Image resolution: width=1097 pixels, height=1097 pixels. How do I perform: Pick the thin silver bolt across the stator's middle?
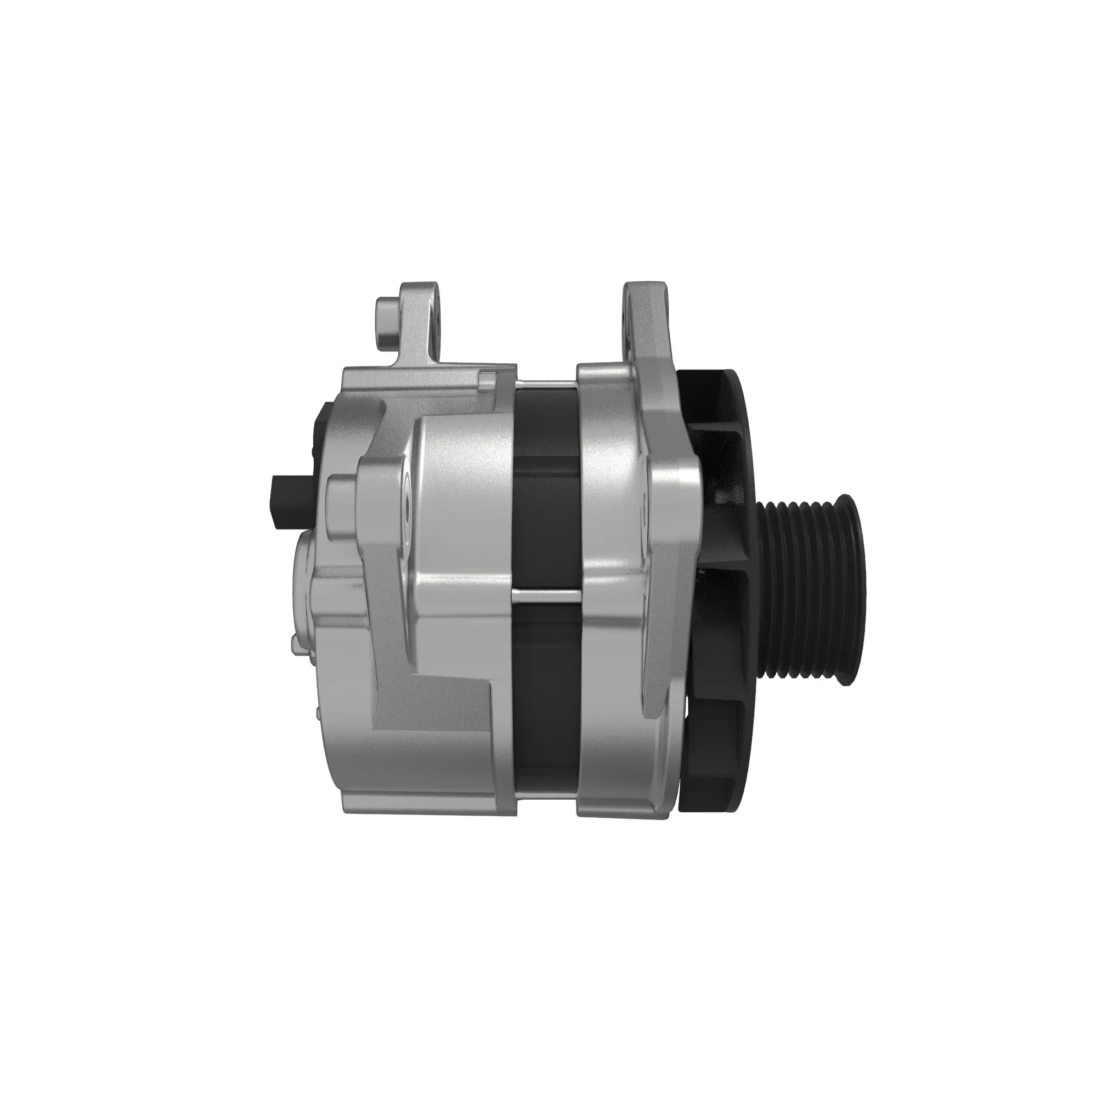pyautogui.click(x=545, y=594)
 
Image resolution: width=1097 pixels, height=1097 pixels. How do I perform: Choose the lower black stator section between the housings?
pyautogui.click(x=545, y=698)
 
